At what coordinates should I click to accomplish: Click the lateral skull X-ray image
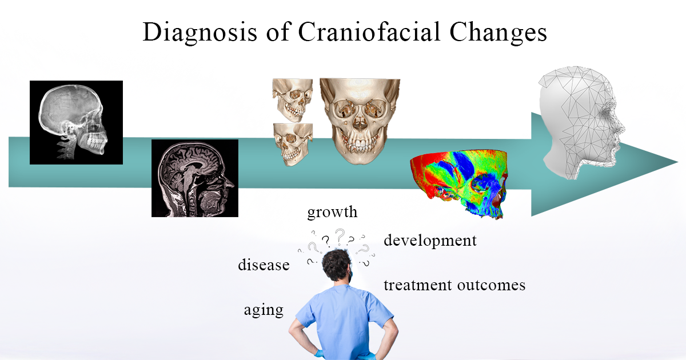(x=76, y=122)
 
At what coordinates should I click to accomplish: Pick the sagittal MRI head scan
(x=194, y=178)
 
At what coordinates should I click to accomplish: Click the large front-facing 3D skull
(x=360, y=121)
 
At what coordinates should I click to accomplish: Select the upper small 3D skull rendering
(x=293, y=99)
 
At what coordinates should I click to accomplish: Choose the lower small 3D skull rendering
(x=293, y=145)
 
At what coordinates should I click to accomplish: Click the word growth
(x=332, y=212)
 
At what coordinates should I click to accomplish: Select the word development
(x=430, y=241)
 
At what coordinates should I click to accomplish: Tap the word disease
(x=264, y=265)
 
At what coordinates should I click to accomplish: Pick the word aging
(x=264, y=310)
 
